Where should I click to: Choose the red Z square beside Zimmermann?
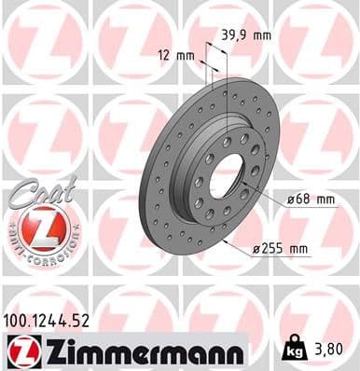point(21,350)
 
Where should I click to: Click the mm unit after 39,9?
point(262,34)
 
